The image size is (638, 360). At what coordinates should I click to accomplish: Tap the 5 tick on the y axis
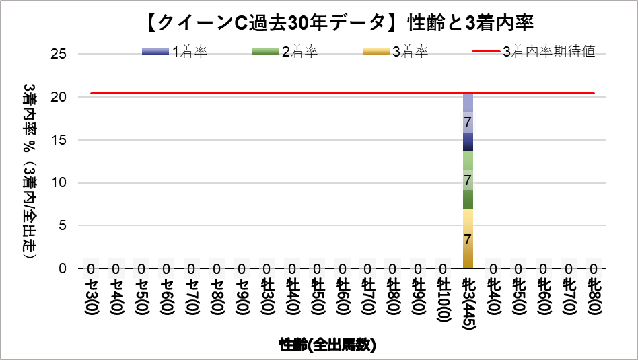pyautogui.click(x=62, y=225)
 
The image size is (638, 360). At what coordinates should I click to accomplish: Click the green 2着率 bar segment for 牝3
pyautogui.click(x=468, y=180)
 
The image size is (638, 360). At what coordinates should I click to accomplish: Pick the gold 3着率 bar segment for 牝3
pyautogui.click(x=468, y=238)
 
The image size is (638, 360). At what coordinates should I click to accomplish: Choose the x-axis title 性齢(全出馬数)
pyautogui.click(x=327, y=345)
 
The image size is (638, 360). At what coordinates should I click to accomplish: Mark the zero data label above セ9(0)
pyautogui.click(x=242, y=269)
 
